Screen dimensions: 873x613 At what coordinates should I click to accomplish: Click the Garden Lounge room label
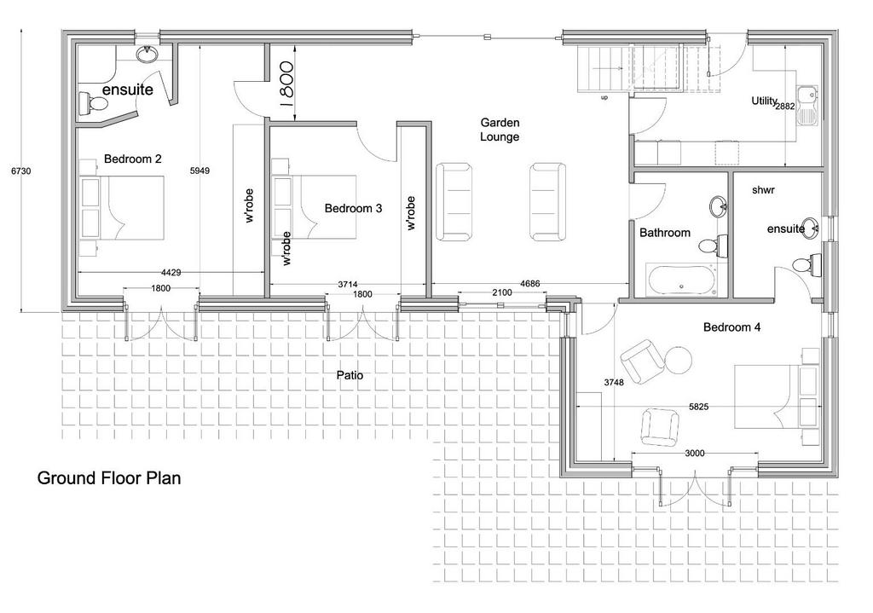[500, 130]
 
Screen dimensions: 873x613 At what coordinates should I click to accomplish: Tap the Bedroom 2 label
[132, 159]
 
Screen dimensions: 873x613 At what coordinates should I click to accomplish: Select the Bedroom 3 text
[353, 208]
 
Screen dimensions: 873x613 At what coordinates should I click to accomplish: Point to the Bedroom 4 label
[731, 327]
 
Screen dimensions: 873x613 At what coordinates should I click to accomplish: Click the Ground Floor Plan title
[109, 478]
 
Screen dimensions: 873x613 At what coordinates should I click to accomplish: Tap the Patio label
[350, 375]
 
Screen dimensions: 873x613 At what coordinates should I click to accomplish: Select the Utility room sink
[807, 105]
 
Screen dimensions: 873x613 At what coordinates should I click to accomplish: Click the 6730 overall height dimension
[21, 171]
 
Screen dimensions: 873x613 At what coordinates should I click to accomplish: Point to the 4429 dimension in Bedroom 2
[171, 272]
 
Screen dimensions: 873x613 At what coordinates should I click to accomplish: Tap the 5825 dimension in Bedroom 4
[699, 407]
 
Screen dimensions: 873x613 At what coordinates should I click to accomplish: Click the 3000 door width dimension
[695, 454]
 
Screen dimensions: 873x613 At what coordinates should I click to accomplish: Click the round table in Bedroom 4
[678, 361]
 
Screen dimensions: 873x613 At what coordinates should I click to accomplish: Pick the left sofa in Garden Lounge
[454, 201]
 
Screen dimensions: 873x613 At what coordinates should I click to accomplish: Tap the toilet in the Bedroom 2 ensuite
[93, 103]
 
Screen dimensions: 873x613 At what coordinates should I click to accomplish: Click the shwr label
[763, 190]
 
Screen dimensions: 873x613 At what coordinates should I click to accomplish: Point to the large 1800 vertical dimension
[286, 84]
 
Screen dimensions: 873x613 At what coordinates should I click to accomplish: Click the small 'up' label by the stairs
[604, 98]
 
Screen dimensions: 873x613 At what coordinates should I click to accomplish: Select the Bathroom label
[665, 233]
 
